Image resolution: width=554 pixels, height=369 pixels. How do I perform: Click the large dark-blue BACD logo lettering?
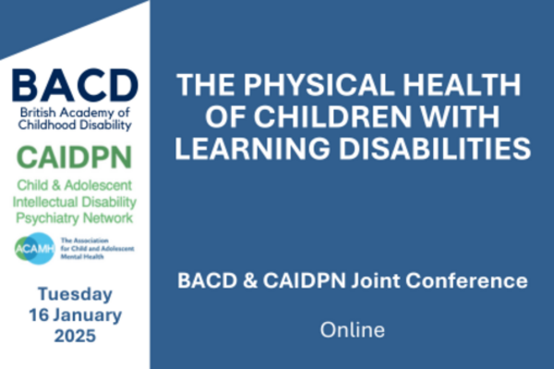pos(76,86)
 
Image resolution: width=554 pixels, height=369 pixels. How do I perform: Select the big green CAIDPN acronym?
pos(75,158)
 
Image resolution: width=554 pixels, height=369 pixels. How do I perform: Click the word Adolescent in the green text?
pos(98,185)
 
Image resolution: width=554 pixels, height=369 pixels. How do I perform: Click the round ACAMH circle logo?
pos(35,248)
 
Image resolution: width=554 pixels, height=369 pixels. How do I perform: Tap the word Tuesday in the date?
pos(75,294)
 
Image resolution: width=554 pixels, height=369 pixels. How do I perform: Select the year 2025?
pos(75,336)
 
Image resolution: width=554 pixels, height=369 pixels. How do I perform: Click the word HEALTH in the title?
pos(462,85)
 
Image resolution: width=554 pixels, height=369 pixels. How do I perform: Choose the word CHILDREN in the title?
pos(332,116)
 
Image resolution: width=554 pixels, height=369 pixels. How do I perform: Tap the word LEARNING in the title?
pos(253,148)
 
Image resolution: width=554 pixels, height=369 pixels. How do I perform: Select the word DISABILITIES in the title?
pos(435,148)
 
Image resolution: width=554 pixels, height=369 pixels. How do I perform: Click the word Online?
pos(353,330)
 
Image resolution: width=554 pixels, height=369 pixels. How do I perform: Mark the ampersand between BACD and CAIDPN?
pos(250,280)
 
